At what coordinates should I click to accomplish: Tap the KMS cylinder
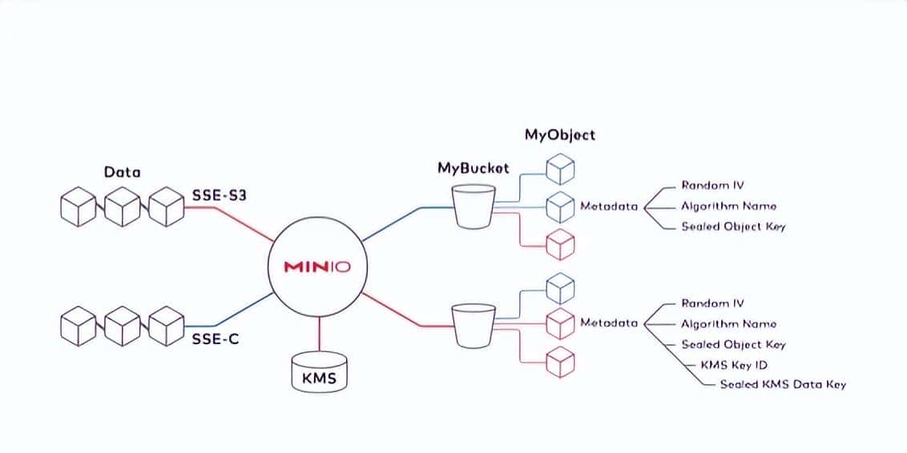(x=318, y=373)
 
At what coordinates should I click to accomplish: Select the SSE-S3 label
(x=218, y=194)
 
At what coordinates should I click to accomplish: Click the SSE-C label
(x=215, y=339)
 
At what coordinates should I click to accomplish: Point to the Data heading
(x=122, y=171)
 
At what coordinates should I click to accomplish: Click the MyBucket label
(x=473, y=169)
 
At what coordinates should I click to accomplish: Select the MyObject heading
(x=559, y=134)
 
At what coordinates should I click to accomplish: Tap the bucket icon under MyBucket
(x=473, y=206)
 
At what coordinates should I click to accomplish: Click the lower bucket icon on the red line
(x=473, y=324)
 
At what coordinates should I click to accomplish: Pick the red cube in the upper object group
(x=560, y=244)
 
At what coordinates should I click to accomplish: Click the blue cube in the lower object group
(x=560, y=287)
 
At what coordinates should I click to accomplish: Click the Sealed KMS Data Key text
(x=782, y=384)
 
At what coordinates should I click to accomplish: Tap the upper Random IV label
(x=712, y=186)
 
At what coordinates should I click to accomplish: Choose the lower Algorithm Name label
(x=728, y=324)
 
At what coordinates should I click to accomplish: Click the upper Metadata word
(x=609, y=206)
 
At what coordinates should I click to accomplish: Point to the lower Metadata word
(x=609, y=323)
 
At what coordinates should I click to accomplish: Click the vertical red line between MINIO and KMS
(x=319, y=335)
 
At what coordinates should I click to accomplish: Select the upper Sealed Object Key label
(x=733, y=226)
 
